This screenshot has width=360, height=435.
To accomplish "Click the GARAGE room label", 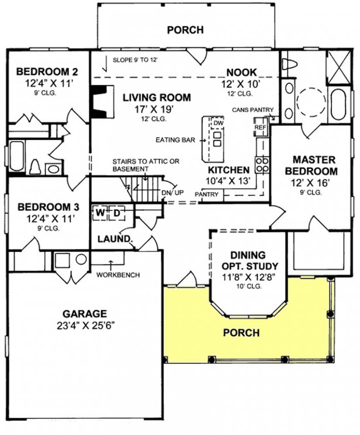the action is [85, 314].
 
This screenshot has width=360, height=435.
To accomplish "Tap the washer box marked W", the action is [100, 213].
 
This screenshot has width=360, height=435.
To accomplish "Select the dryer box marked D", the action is [117, 213].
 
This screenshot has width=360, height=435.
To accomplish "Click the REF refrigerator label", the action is [260, 127].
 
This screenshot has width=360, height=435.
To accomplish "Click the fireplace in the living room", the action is [103, 102].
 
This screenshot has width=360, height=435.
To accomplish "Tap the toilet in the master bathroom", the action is [289, 64].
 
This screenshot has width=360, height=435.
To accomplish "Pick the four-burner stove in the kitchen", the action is [262, 164].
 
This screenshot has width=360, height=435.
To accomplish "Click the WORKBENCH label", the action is [118, 275].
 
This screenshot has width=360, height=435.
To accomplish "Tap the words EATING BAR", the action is [175, 140].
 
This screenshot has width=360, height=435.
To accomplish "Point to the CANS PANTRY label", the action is [253, 110].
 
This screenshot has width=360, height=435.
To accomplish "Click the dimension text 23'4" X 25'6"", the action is [86, 325].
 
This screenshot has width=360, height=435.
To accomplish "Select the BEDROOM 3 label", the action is [48, 207].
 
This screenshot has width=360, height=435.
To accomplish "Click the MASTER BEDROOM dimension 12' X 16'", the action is [310, 182].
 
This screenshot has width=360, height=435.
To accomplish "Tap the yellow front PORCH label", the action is [241, 332].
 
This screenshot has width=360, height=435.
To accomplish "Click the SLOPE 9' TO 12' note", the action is [135, 60].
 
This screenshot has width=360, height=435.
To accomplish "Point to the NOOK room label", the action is [242, 72].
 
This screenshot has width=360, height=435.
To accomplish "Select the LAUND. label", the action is [114, 239].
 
